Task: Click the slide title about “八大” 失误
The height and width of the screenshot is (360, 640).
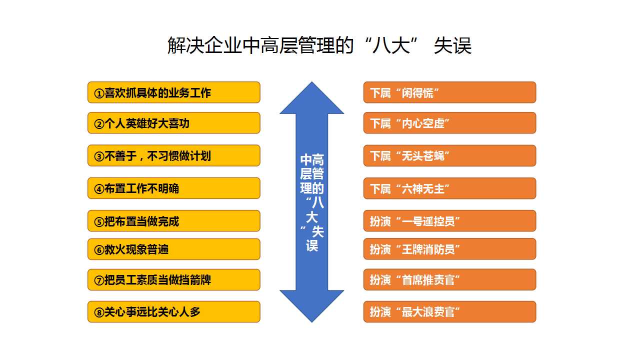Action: (319, 45)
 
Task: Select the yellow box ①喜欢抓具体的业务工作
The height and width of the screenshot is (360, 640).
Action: (173, 92)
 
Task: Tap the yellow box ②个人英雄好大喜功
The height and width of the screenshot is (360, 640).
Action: (173, 123)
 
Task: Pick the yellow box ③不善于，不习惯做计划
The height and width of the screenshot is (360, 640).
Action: (173, 155)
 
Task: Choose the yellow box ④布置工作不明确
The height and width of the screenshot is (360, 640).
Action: (173, 188)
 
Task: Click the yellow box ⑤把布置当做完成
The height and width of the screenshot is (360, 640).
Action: (173, 220)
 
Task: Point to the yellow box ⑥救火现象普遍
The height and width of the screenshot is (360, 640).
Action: (173, 249)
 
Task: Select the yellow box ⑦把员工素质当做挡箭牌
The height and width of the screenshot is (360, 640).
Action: (173, 279)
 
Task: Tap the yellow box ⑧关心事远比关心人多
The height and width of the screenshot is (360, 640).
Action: (173, 311)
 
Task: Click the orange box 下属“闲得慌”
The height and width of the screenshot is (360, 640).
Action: (449, 92)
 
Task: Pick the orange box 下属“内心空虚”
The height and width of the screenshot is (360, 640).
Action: (449, 123)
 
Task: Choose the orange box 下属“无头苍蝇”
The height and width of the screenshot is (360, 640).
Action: (449, 155)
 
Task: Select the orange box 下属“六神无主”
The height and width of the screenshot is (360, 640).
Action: (449, 188)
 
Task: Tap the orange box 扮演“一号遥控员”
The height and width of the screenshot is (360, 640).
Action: (449, 220)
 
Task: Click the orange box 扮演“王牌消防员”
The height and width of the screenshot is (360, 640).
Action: (449, 249)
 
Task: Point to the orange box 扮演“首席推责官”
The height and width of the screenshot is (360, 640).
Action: (449, 279)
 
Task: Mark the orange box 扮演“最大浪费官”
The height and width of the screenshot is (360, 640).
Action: (449, 311)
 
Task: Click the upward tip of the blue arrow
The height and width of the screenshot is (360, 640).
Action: (311, 82)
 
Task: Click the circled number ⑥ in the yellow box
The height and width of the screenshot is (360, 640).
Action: (99, 250)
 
